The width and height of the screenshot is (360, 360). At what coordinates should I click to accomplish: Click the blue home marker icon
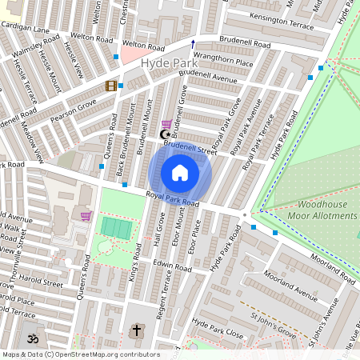[x=180, y=173]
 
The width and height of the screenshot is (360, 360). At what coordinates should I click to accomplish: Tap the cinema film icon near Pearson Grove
[x=110, y=86]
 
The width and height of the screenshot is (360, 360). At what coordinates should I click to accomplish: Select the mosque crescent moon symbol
[x=166, y=134]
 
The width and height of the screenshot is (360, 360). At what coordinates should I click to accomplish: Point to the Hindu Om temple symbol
[x=31, y=338]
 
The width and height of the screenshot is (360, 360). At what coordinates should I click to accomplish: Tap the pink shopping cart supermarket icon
[x=86, y=215]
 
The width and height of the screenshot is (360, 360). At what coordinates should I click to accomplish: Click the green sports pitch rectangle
[x=116, y=227]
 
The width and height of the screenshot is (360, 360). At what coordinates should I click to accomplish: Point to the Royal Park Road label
[x=171, y=199]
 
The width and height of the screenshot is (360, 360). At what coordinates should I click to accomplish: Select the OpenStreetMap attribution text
[x=80, y=354]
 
